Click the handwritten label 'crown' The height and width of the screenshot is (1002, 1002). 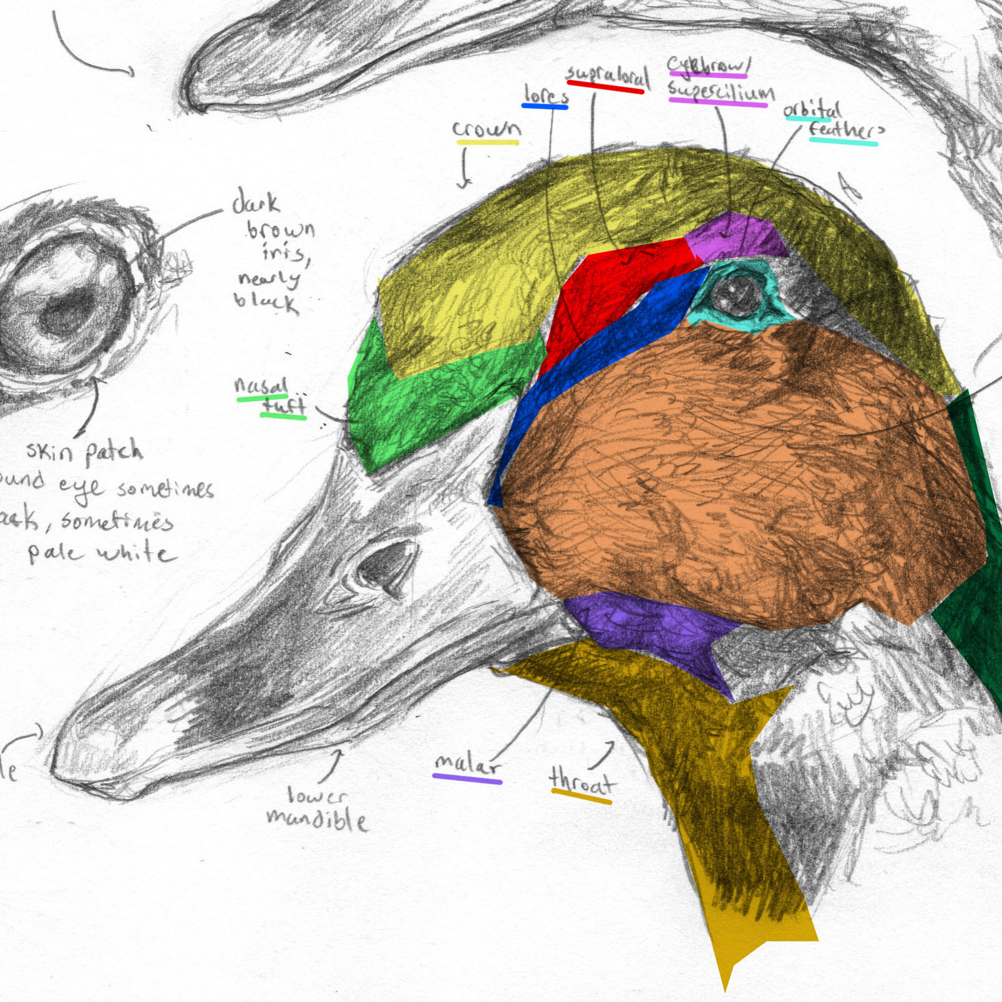(x=486, y=129)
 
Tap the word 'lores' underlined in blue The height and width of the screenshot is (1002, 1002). (x=546, y=95)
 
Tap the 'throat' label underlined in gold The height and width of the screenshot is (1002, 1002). (x=581, y=782)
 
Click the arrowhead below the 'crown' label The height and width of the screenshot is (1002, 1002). (x=464, y=184)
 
